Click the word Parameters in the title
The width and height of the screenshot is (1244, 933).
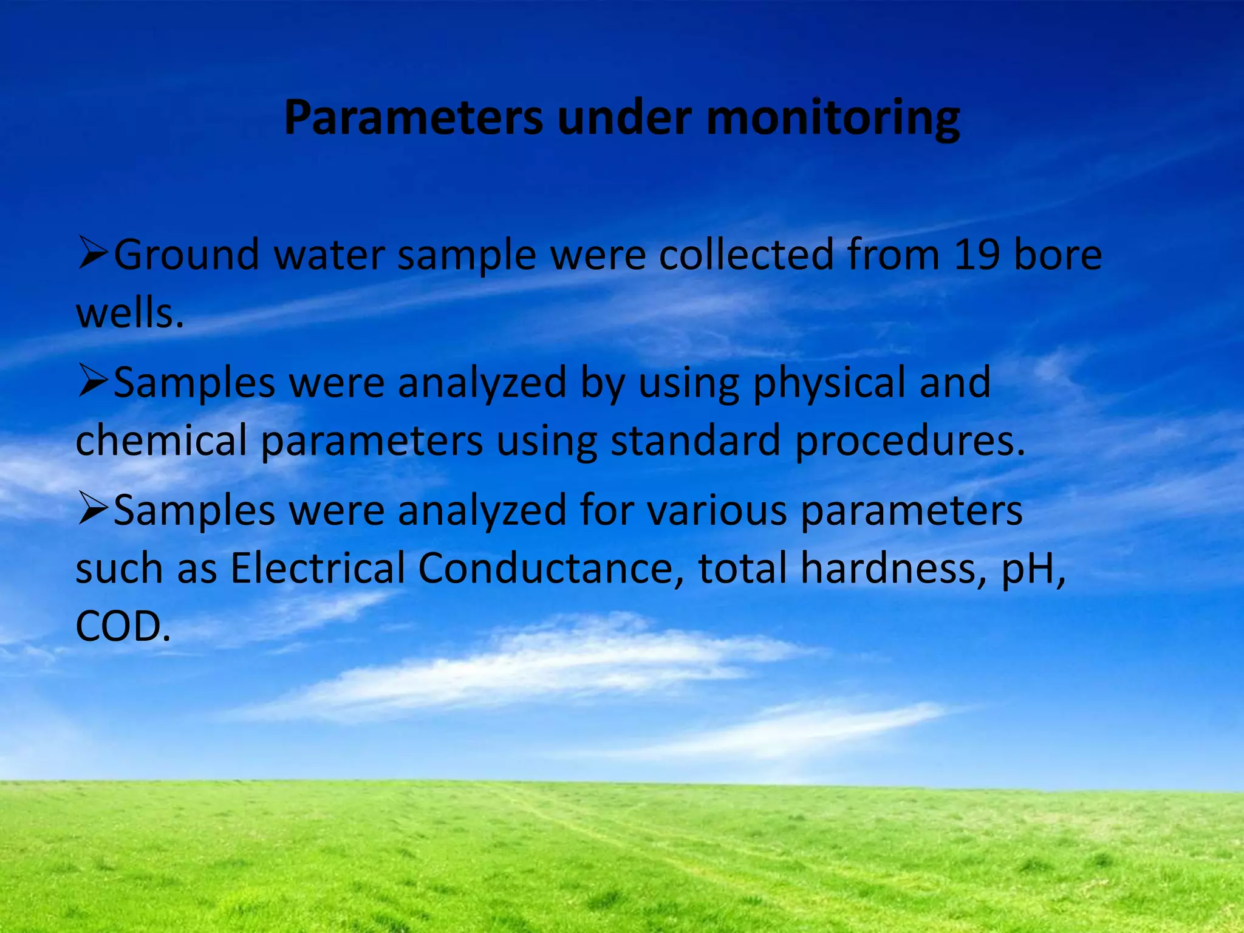pos(413,117)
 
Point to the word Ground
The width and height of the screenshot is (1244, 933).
pos(187,255)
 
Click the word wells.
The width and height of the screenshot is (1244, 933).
pos(129,313)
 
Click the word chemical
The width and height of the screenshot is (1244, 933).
pos(161,440)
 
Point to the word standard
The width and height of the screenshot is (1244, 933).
pos(695,440)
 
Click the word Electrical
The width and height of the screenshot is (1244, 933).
pos(317,569)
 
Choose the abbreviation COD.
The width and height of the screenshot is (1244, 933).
pos(121,627)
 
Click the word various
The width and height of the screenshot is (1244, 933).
pos(717,511)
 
